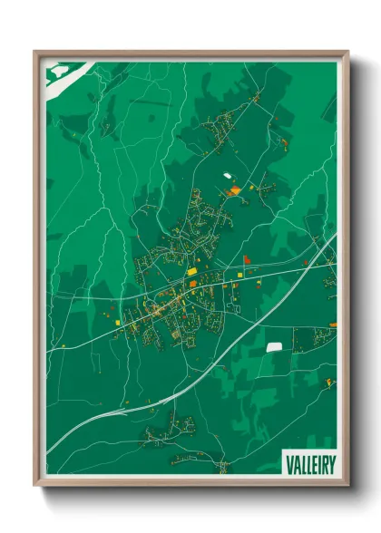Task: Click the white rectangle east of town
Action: [274, 346]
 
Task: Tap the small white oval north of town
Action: [227, 175]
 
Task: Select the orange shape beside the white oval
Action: [234, 190]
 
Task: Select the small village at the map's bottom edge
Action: [220, 466]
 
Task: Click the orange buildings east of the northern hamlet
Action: [283, 142]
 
